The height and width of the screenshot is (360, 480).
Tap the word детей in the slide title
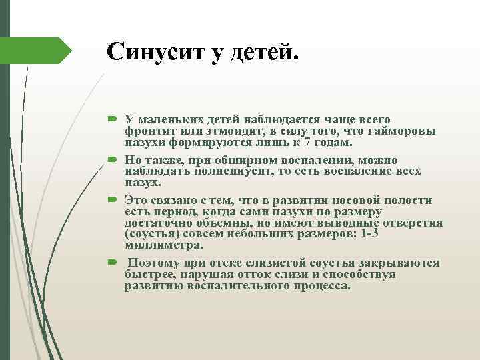263,51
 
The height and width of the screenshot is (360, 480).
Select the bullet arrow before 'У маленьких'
111,120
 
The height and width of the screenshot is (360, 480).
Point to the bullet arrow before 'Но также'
111,161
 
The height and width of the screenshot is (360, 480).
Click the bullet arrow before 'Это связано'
111,201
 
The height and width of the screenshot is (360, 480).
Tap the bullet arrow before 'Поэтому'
111,263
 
